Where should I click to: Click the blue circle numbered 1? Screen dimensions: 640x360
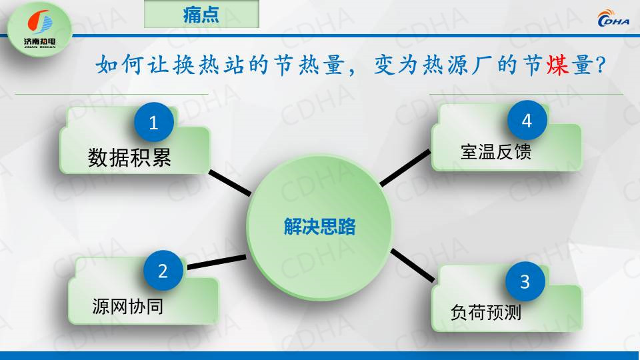[x=154, y=122]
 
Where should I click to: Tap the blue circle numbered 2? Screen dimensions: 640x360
[x=163, y=270]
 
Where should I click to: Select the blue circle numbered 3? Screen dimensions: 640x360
[x=525, y=281]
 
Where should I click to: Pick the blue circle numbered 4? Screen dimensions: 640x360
[x=527, y=120]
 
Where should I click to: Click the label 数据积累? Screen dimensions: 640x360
[x=129, y=157]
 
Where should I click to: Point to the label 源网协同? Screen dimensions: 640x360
[x=128, y=306]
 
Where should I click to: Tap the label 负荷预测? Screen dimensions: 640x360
[x=486, y=312]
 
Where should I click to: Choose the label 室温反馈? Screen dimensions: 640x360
[x=496, y=151]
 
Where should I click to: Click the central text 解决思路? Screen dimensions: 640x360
[x=319, y=226]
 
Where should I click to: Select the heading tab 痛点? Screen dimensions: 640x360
[x=201, y=15]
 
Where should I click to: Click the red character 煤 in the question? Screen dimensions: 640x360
[x=557, y=65]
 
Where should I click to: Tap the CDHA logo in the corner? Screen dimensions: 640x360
[x=613, y=18]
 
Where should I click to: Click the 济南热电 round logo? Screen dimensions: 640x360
[x=39, y=29]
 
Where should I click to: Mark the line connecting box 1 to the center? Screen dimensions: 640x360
[x=230, y=183]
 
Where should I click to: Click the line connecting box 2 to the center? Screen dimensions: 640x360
[x=217, y=262]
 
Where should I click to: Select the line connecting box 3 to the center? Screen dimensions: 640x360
[x=412, y=265]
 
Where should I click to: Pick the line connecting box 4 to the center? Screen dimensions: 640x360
[x=405, y=168]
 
